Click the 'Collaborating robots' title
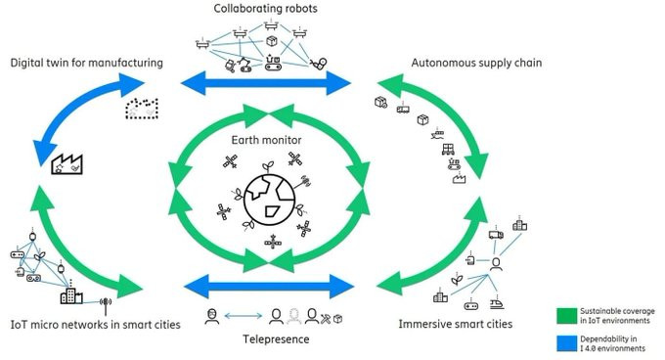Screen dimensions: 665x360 pos(265,9)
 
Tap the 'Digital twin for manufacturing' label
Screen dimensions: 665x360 pos(86,63)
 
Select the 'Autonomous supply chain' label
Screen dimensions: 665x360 pos(476,63)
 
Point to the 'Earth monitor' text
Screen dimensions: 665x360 pos(266,140)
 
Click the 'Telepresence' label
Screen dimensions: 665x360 pos(276,339)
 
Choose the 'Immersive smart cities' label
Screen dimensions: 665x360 pos(455,324)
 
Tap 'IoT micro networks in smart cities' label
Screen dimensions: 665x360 pos(96,325)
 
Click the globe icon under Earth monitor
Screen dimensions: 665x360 pos(269,200)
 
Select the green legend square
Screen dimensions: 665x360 pos(566,315)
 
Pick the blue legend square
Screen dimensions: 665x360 pos(566,343)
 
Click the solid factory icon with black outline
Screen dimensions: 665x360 pos(67,164)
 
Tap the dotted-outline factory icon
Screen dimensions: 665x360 pos(142,109)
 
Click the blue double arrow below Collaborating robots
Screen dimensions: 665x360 pos(266,83)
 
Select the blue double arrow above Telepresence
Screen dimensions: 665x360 pos(269,287)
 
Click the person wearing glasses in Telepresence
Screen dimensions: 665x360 pos(212,316)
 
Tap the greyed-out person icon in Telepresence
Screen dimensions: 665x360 pos(294,316)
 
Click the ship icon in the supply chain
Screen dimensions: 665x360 pos(437,134)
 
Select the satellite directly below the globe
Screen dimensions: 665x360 pos(273,243)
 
